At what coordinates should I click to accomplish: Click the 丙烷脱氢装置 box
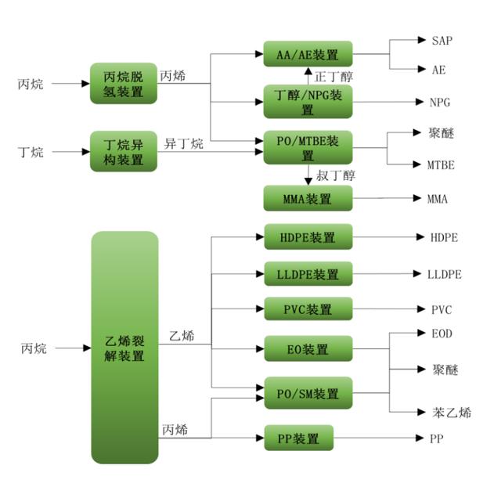[x=124, y=83]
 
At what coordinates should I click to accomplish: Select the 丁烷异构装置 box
[x=124, y=151]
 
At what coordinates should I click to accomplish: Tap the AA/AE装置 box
[x=308, y=54]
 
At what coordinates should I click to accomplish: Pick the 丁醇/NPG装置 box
[x=308, y=102]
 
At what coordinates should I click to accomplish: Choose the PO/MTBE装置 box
[x=308, y=146]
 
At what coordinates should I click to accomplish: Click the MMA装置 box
[x=308, y=199]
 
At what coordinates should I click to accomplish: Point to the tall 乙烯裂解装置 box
[x=124, y=347]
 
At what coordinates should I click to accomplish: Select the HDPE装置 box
[x=308, y=236]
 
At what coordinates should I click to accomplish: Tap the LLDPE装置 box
[x=308, y=274]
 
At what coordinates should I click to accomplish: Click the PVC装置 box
[x=308, y=309]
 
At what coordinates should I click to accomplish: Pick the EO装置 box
[x=308, y=349]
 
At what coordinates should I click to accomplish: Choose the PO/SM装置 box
[x=308, y=393]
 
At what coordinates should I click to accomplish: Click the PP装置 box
[x=298, y=438]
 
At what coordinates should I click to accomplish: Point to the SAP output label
[x=442, y=40]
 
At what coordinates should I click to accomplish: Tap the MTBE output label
[x=441, y=165]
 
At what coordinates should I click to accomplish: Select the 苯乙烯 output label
[x=452, y=412]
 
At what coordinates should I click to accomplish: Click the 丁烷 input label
[x=31, y=151]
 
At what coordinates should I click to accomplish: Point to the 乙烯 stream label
[x=182, y=337]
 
